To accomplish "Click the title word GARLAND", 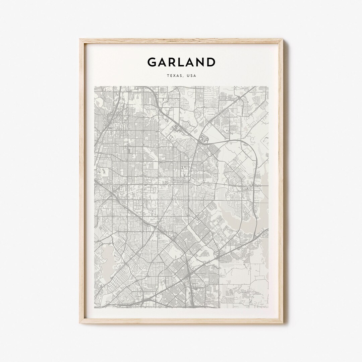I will (x=181, y=62).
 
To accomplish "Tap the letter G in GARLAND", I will (x=152, y=62).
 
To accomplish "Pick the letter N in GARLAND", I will (x=200, y=62).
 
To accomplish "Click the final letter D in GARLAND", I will (x=211, y=62).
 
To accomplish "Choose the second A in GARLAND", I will (x=191, y=62).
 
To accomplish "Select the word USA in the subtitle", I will (x=192, y=76).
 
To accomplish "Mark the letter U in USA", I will (x=188, y=76).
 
